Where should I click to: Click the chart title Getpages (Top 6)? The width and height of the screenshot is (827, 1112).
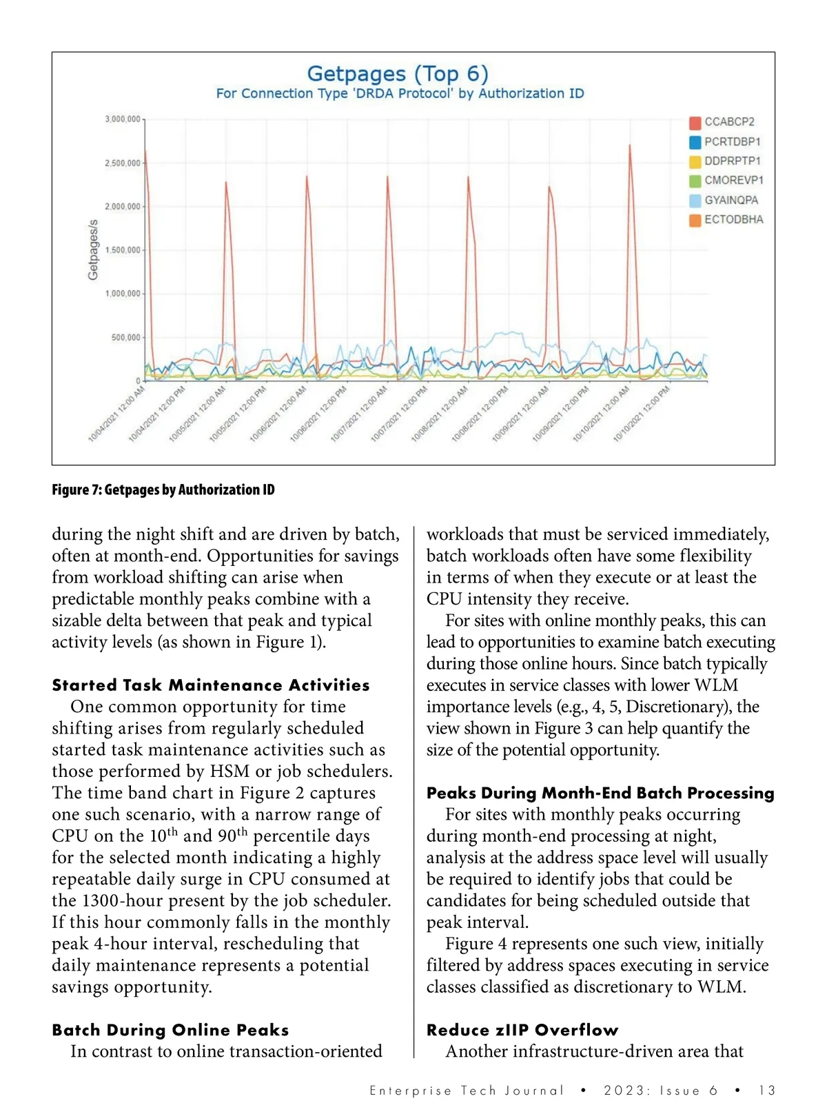pyautogui.click(x=398, y=73)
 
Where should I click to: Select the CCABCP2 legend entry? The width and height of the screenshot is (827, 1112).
pyautogui.click(x=728, y=122)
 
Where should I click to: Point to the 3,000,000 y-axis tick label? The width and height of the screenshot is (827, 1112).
pyautogui.click(x=123, y=119)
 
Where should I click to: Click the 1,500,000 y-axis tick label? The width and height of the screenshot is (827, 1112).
pyautogui.click(x=123, y=250)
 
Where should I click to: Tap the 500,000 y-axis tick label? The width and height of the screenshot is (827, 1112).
pyautogui.click(x=125, y=338)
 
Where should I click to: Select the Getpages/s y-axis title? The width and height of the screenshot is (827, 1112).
pyautogui.click(x=93, y=250)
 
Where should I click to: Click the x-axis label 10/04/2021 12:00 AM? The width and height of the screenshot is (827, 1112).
pyautogui.click(x=117, y=414)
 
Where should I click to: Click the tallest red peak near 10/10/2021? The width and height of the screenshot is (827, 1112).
pyautogui.click(x=630, y=147)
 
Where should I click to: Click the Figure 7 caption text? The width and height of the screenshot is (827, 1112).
pyautogui.click(x=163, y=490)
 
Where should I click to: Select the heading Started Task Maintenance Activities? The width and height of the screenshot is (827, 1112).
pyautogui.click(x=211, y=685)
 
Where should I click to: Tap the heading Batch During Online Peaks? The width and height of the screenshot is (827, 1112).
pyautogui.click(x=170, y=1030)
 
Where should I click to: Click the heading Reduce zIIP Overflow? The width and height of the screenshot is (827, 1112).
pyautogui.click(x=522, y=1030)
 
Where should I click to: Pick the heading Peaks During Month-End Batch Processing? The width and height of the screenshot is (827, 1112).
pyautogui.click(x=600, y=793)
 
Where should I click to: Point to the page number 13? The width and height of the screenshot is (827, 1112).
pyautogui.click(x=766, y=1091)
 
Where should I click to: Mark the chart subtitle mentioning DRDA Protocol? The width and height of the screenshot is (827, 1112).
pyautogui.click(x=400, y=94)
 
